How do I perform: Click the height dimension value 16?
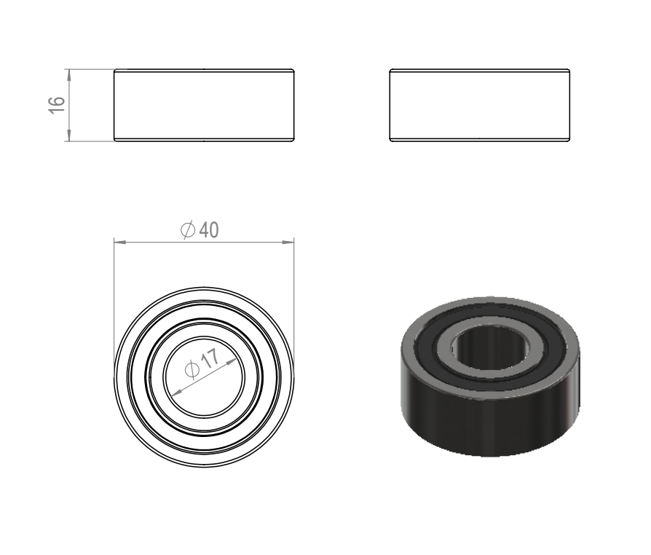[57, 105]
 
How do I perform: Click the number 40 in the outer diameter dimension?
[209, 229]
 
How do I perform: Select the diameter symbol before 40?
[188, 229]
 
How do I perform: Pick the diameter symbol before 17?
[192, 369]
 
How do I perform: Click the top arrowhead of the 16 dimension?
[69, 75]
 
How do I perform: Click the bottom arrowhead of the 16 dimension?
[69, 135]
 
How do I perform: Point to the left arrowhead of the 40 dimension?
[120, 241]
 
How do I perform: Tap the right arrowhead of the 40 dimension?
[288, 241]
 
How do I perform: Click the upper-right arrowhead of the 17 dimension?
[232, 362]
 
